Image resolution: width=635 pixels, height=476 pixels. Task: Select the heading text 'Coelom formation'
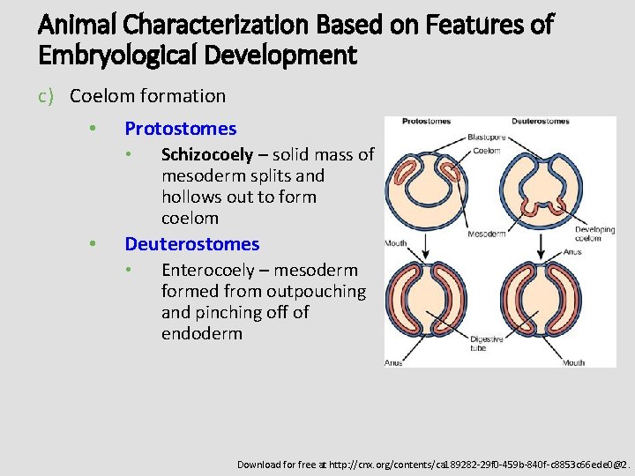point(147,96)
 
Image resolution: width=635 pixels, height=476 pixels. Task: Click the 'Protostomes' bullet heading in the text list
point(180,129)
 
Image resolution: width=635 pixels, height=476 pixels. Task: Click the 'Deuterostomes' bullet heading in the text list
point(191,244)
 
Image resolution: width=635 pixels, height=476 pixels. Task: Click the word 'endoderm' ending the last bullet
point(201,334)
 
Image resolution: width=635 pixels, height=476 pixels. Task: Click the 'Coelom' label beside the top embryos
point(486,151)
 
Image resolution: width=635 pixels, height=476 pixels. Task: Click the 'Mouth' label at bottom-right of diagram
point(572,361)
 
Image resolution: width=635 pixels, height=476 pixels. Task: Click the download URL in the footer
point(432,464)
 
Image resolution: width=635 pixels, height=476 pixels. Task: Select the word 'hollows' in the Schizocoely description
point(190,197)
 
